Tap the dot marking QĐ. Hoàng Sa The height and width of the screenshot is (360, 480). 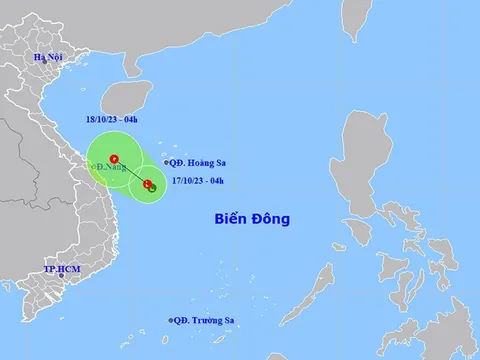tap(166, 162)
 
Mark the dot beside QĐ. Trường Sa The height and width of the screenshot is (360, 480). tap(170, 321)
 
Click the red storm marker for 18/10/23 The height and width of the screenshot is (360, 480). tap(113, 158)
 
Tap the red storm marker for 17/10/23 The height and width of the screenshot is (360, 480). tap(147, 183)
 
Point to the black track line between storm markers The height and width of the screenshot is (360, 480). tap(130, 171)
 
